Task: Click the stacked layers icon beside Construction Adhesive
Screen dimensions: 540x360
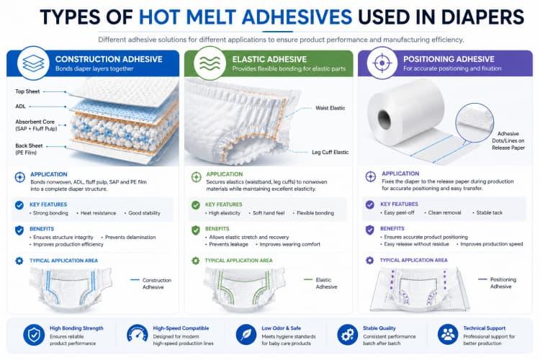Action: click(33, 63)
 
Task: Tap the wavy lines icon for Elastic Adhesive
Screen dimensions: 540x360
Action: click(210, 63)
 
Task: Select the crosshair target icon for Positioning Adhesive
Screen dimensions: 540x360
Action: click(382, 63)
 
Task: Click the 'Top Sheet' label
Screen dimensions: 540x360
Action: click(27, 91)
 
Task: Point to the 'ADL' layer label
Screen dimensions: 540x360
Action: click(21, 107)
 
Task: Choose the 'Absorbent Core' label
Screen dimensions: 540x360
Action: click(35, 122)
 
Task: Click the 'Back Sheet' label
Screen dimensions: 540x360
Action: click(29, 145)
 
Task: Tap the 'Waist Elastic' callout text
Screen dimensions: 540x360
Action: click(330, 108)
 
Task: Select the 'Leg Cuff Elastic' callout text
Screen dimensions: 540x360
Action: click(330, 152)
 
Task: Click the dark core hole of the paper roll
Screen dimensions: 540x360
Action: click(384, 120)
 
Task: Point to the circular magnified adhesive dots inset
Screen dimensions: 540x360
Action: click(474, 122)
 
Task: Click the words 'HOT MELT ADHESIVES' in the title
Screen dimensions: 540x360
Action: click(246, 17)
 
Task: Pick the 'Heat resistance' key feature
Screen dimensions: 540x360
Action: click(98, 213)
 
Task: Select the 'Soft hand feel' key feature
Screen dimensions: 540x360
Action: click(269, 213)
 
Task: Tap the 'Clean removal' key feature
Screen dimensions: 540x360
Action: click(445, 213)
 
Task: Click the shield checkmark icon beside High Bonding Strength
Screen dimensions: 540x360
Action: click(34, 335)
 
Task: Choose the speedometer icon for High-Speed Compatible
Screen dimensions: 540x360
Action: click(138, 335)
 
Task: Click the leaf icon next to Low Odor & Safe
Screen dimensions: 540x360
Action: click(246, 335)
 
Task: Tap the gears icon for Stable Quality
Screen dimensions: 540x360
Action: click(348, 335)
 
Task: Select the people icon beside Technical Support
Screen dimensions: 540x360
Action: click(448, 335)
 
